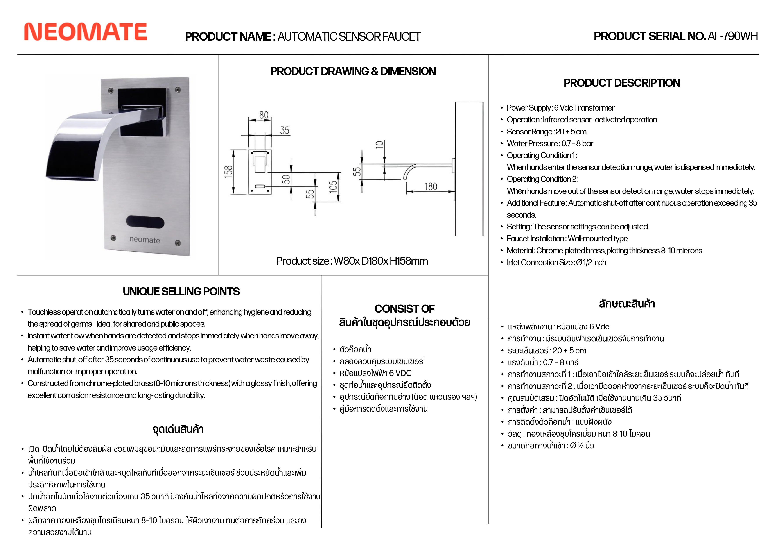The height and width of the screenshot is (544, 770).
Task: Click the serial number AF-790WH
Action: (732, 36)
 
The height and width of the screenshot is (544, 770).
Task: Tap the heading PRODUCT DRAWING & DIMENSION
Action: (353, 71)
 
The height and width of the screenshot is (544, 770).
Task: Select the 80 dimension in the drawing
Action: (264, 115)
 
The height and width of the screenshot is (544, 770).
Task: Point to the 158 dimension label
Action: (229, 171)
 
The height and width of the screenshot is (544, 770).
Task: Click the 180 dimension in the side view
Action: (431, 186)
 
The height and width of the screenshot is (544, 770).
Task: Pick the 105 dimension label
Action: (333, 186)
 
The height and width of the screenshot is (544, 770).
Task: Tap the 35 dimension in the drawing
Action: (284, 130)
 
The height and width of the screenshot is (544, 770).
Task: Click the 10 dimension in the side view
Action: (379, 145)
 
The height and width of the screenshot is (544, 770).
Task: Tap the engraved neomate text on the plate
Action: (145, 240)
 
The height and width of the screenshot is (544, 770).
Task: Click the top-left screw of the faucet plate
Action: (111, 91)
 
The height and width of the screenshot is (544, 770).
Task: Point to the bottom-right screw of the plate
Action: (178, 243)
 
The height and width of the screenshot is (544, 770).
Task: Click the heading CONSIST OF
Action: (404, 309)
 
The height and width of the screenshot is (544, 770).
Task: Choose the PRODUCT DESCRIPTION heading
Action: (621, 83)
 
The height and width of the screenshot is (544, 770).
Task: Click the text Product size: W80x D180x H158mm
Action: (352, 261)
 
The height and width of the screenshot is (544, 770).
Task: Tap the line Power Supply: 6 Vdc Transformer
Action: (560, 108)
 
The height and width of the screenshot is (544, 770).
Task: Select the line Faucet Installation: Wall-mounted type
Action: (567, 239)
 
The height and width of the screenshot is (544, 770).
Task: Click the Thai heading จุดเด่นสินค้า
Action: (178, 429)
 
